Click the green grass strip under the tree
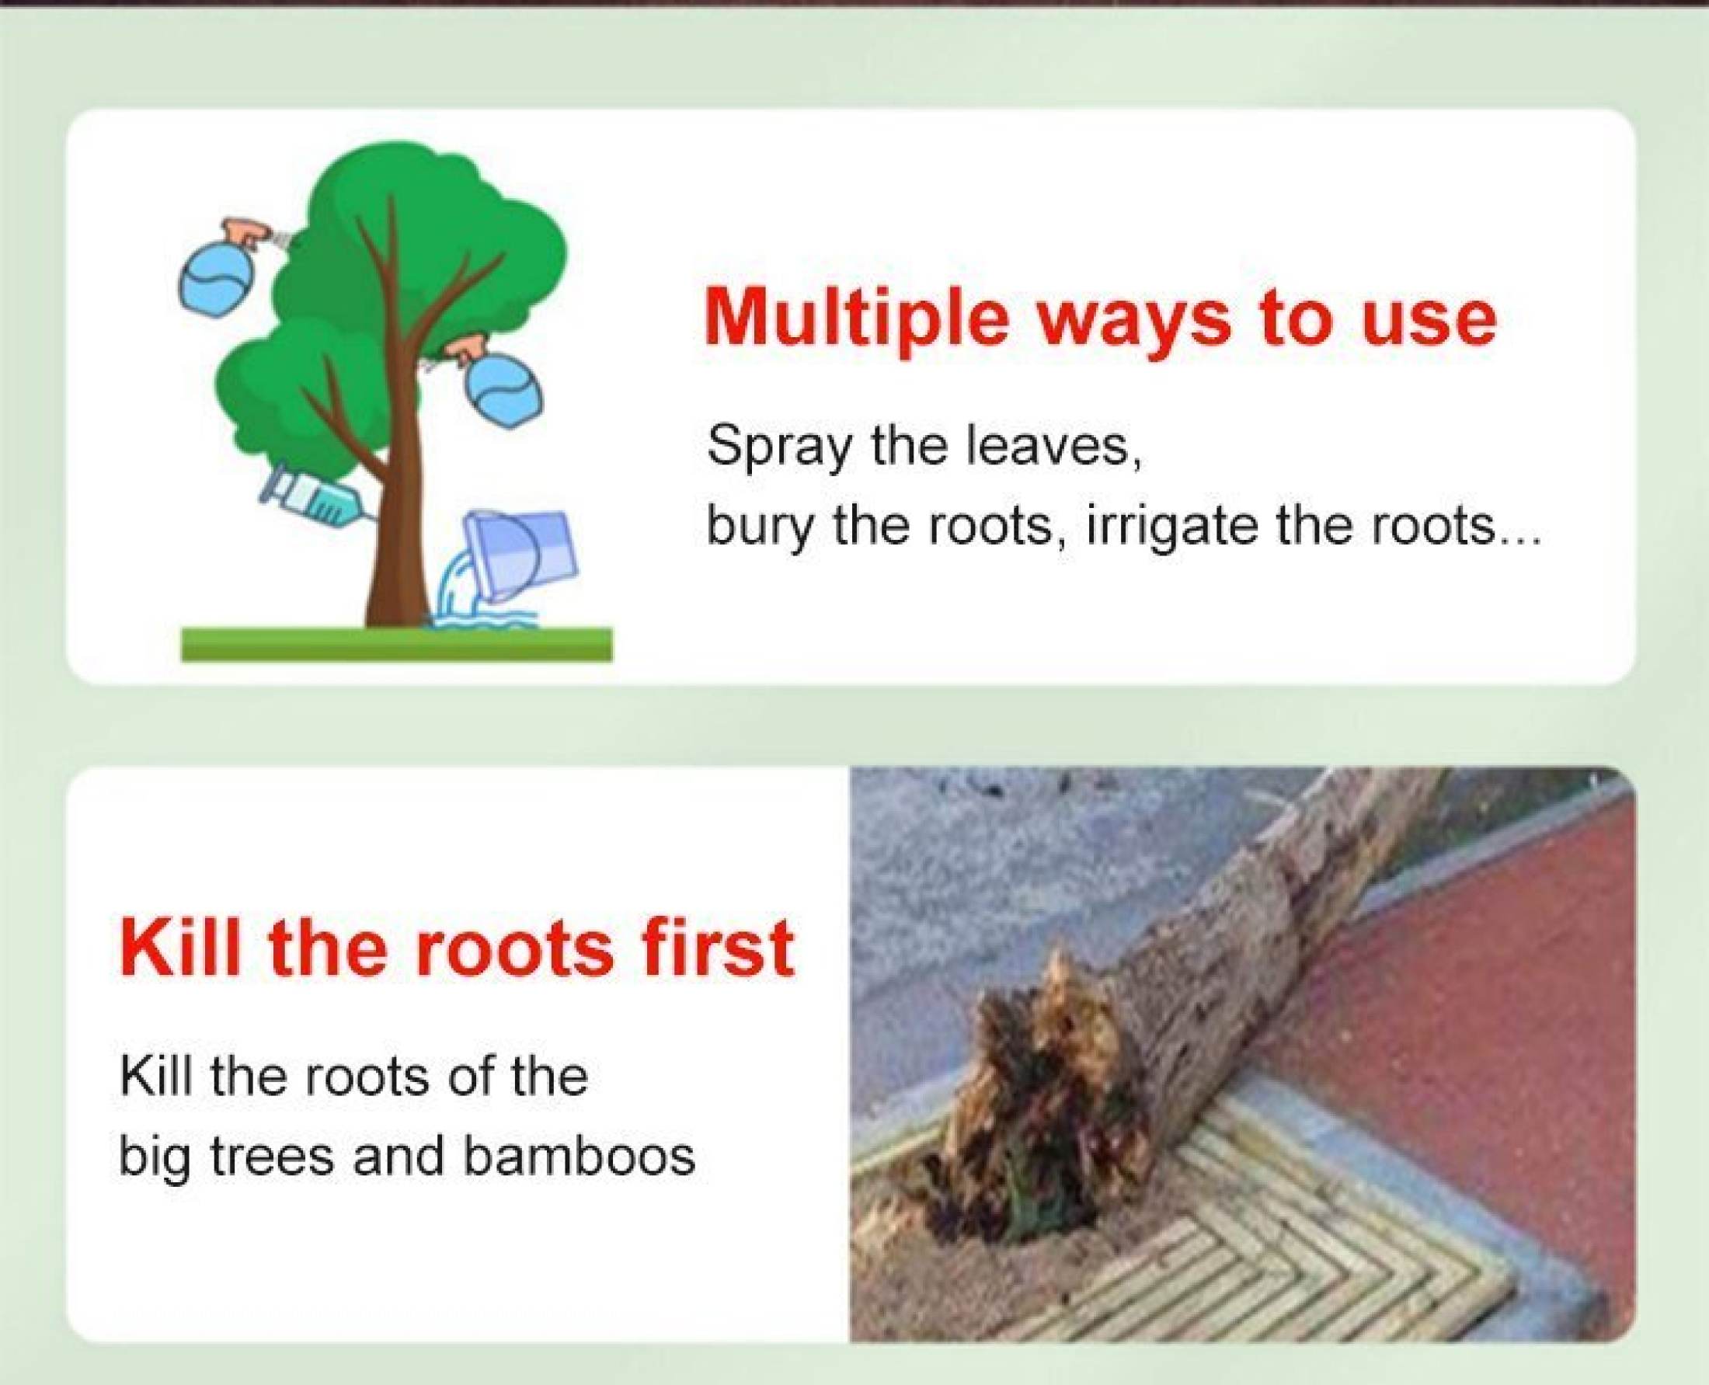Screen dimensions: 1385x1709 point(396,644)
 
